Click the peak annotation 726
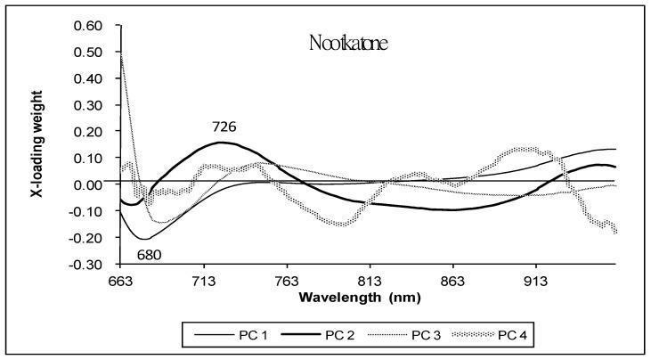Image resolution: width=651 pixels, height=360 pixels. coord(224,127)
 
